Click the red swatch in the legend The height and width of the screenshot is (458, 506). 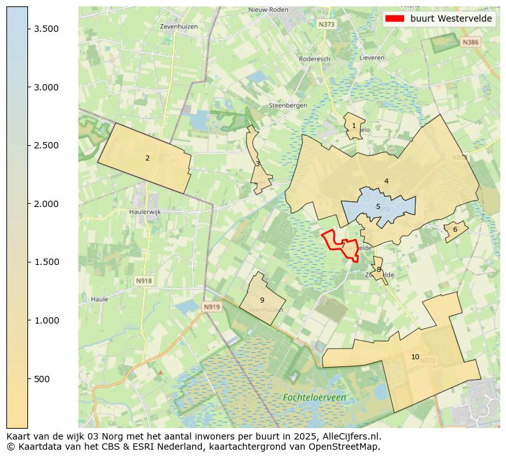tap(394, 18)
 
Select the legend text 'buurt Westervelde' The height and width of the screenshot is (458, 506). tap(451, 18)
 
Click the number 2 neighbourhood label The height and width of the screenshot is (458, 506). tap(147, 158)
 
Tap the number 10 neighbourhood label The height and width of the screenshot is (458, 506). tap(415, 357)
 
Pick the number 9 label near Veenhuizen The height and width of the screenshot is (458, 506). tap(262, 300)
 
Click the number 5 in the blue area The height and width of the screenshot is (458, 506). tap(378, 206)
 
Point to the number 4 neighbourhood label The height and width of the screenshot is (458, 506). tap(386, 182)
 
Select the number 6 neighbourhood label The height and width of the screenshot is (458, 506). tap(455, 230)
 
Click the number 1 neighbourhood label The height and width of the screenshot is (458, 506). tap(354, 125)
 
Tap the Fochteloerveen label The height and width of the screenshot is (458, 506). tap(314, 397)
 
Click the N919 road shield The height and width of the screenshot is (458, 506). tap(212, 307)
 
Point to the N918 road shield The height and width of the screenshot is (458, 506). tap(144, 280)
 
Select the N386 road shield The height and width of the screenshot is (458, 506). tap(470, 42)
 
